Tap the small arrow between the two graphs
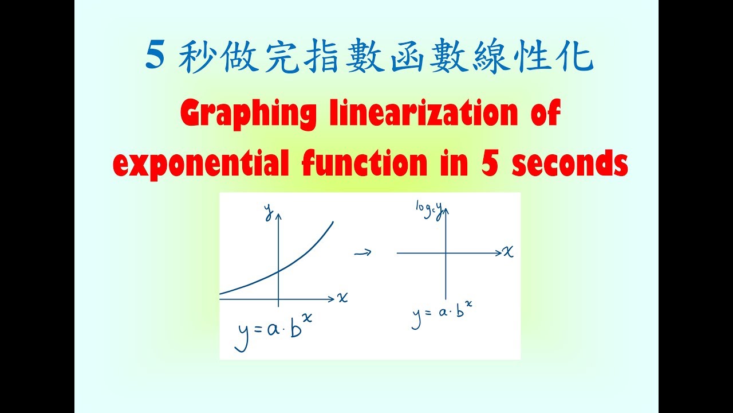point(363,252)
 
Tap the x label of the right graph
point(508,251)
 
